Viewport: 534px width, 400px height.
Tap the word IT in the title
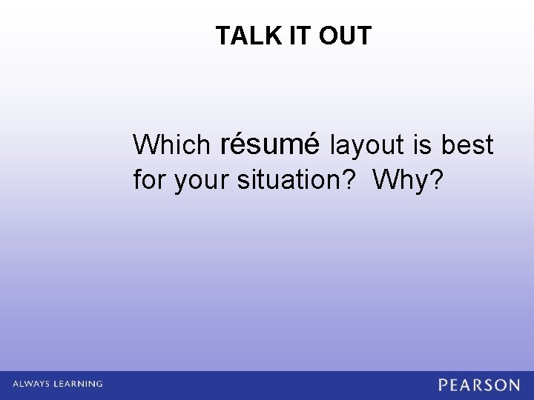[295, 36]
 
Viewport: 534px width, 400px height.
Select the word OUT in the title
[345, 36]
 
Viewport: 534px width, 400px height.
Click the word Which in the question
[171, 145]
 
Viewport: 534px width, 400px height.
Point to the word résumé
[270, 144]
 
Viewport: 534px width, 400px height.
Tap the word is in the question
[424, 145]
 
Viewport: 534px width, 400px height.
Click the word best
[467, 145]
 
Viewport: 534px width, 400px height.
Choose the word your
[202, 181]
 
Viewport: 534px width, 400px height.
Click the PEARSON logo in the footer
[479, 385]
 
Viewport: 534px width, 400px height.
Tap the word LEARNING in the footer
[79, 384]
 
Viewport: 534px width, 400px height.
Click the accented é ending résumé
[311, 143]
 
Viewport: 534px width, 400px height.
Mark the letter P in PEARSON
[444, 385]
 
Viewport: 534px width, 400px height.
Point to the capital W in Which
[145, 145]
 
